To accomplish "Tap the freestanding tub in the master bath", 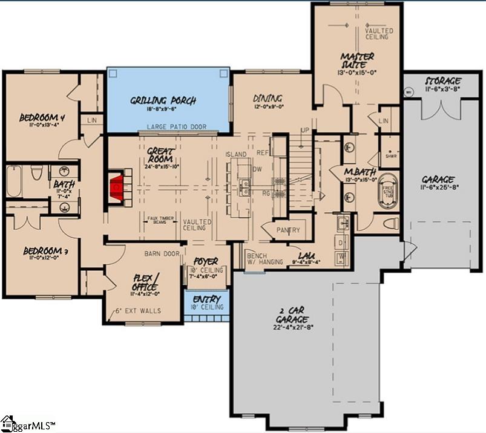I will pyautogui.click(x=386, y=197).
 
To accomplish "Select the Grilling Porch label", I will pyautogui.click(x=163, y=101).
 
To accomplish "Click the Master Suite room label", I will pyautogui.click(x=357, y=61).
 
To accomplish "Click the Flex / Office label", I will pyautogui.click(x=146, y=282).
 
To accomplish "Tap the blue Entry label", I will pyautogui.click(x=207, y=299).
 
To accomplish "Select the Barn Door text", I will pyautogui.click(x=162, y=254).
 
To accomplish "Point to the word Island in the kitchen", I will pyautogui.click(x=236, y=155).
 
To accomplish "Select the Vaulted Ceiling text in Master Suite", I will pyautogui.click(x=379, y=34).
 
